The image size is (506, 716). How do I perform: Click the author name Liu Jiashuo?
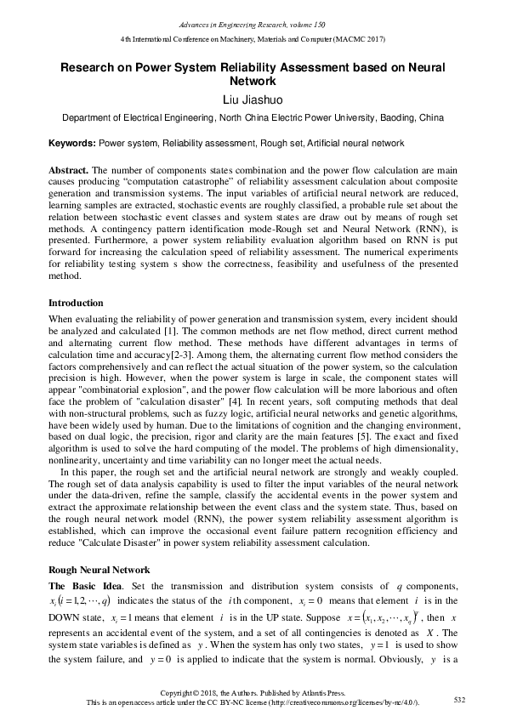pyautogui.click(x=252, y=100)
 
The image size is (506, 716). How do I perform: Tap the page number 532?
pyautogui.click(x=460, y=699)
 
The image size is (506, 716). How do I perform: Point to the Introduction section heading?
pyautogui.click(x=76, y=303)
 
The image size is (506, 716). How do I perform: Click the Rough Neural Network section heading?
pyautogui.click(x=99, y=570)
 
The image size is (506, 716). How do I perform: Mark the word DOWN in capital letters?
pyautogui.click(x=64, y=618)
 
